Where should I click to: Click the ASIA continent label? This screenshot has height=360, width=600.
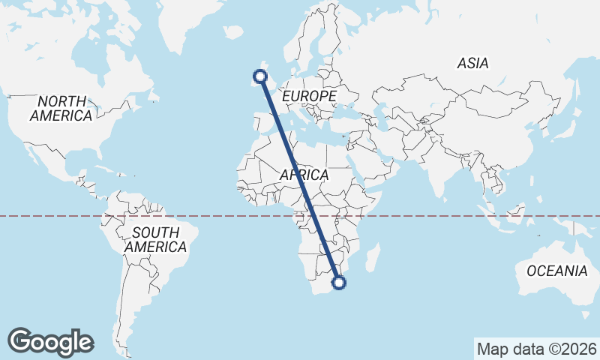click(x=472, y=64)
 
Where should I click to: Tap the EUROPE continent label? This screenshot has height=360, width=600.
click(x=309, y=97)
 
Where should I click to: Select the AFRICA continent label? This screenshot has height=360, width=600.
click(x=304, y=175)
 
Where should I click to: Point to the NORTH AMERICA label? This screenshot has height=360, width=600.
click(x=61, y=109)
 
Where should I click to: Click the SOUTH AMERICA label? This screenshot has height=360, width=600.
click(x=155, y=239)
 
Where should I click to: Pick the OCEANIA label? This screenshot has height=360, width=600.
click(x=556, y=271)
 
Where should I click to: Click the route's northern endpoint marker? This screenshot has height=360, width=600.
click(x=260, y=76)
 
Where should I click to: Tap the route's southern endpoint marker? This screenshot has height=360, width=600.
click(x=339, y=283)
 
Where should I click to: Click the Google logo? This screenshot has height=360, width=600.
click(x=51, y=341)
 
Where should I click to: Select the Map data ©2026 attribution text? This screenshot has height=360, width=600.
click(x=537, y=349)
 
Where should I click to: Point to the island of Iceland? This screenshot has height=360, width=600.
click(x=235, y=33)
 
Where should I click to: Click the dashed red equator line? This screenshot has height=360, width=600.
click(x=450, y=216)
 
